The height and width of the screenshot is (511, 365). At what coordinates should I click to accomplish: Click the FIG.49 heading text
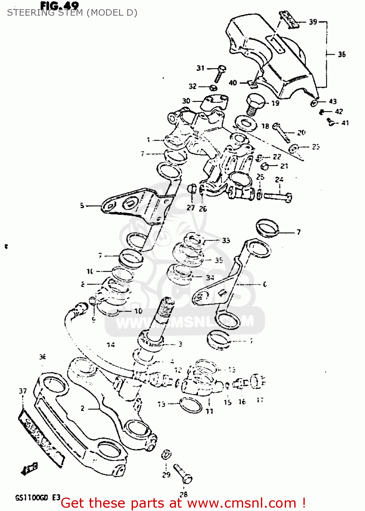click(60, 5)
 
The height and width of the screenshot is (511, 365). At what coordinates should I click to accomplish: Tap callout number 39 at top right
click(313, 22)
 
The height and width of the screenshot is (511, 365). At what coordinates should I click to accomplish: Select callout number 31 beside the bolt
click(201, 68)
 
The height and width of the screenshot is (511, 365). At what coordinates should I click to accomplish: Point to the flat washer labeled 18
click(246, 123)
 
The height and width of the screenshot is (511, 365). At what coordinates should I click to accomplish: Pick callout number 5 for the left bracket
click(82, 205)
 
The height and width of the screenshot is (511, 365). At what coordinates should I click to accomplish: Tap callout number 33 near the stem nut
click(226, 241)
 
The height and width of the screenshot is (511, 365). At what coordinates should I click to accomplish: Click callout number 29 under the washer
click(166, 475)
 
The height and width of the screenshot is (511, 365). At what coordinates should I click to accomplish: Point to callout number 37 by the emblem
click(23, 391)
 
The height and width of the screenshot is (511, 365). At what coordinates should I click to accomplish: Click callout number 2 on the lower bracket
click(83, 408)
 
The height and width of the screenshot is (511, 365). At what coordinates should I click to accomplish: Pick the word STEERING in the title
click(29, 13)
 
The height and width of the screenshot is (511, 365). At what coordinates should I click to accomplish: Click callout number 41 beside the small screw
click(345, 123)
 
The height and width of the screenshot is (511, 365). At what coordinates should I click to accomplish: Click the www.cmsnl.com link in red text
click(242, 503)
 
